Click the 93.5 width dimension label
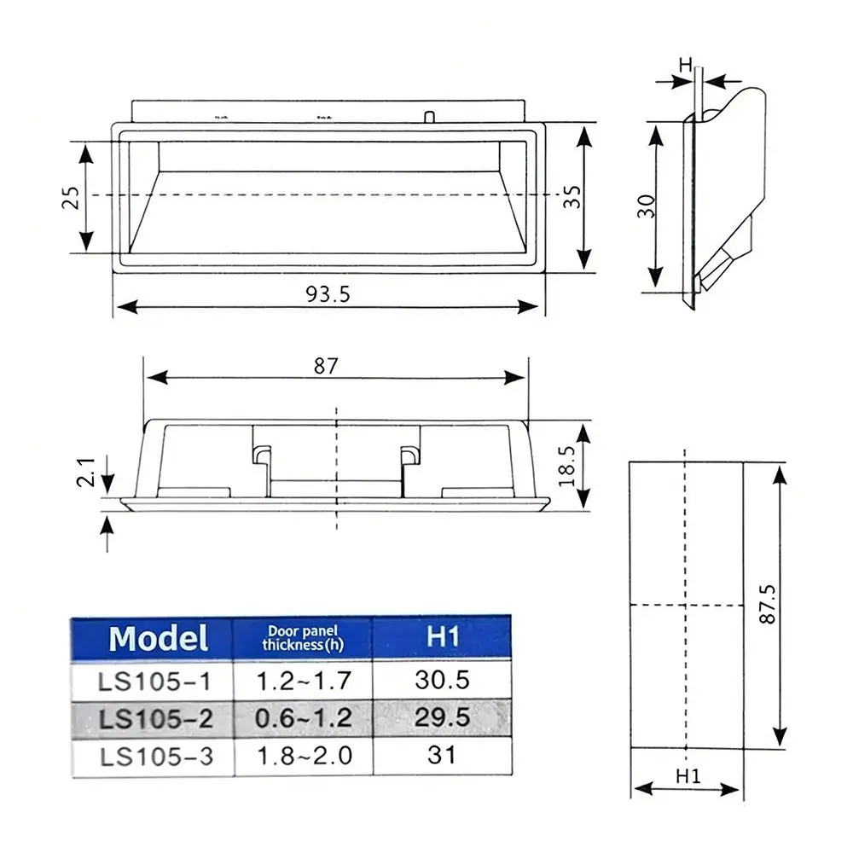tap(328, 294)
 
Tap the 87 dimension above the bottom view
tap(326, 366)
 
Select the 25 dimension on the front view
tap(71, 198)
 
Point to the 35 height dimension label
tap(572, 196)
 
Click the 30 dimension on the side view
tap(647, 206)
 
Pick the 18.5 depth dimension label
tap(566, 466)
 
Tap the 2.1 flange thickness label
tap(86, 471)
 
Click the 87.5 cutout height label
tap(767, 604)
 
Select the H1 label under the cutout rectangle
tap(688, 775)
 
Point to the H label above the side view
tap(686, 65)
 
